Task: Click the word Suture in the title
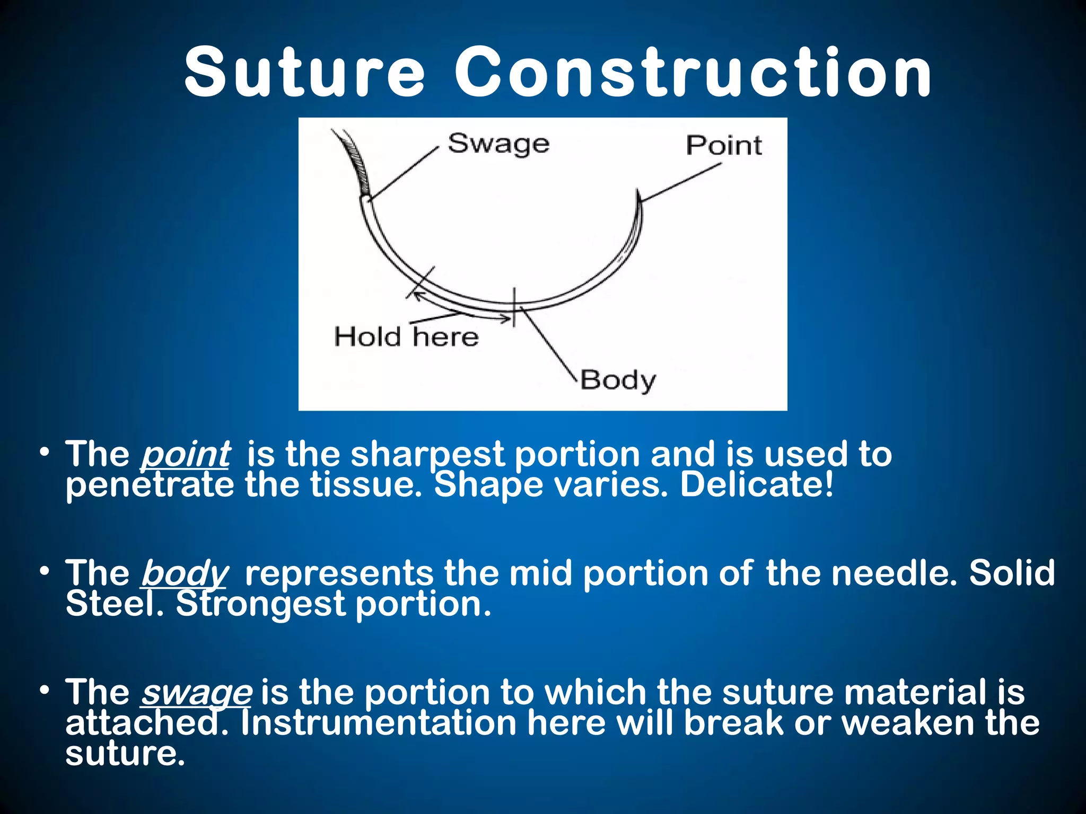point(304,73)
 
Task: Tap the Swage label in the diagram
point(498,144)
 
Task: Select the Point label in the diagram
point(724,145)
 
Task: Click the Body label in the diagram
point(618,381)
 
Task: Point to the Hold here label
point(406,337)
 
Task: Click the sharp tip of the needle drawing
point(638,194)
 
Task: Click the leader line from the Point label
point(681,182)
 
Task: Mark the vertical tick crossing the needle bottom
point(514,307)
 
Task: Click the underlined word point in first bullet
point(186,455)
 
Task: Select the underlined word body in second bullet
point(185,573)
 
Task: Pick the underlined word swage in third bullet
point(196,692)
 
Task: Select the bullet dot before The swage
point(45,691)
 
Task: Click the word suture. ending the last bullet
point(125,754)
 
